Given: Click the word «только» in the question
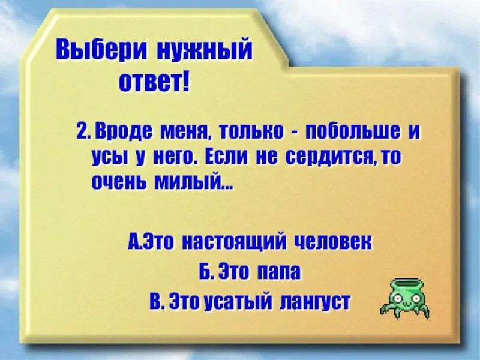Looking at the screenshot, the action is tap(251, 132).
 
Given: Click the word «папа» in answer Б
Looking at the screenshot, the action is tap(278, 272).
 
